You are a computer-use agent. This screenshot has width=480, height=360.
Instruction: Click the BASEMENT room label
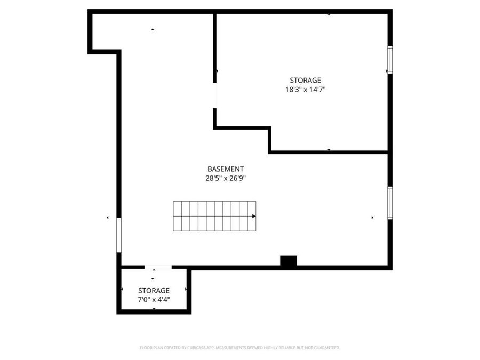[x=226, y=169]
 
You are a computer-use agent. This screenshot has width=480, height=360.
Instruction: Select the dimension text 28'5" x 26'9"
[x=226, y=179]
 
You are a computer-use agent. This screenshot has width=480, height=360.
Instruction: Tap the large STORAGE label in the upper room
[x=305, y=80]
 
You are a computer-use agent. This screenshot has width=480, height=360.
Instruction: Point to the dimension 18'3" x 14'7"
[x=305, y=90]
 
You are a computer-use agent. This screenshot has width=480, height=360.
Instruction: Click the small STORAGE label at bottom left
[x=154, y=290]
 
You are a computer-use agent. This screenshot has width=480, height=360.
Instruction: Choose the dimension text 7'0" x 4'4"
[x=154, y=300]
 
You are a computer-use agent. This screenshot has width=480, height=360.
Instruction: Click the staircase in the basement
[x=213, y=216]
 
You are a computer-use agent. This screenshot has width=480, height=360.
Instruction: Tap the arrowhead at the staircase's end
[x=254, y=216]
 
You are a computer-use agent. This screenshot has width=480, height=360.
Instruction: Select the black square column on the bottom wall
[x=289, y=261]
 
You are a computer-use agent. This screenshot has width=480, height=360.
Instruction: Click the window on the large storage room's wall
[x=390, y=60]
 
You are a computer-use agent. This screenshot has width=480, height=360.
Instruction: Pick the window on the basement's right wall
[x=390, y=203]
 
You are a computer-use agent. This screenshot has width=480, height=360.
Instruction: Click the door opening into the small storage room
[x=158, y=267]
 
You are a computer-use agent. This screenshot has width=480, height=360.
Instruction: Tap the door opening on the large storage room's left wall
[x=215, y=96]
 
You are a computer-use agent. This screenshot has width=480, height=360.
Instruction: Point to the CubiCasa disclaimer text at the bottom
[x=239, y=348]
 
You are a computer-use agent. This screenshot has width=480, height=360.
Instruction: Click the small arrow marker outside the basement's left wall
[x=108, y=218]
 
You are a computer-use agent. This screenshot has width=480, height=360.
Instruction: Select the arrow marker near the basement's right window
[x=372, y=218]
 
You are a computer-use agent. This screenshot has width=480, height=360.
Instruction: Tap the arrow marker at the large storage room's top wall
[x=329, y=15]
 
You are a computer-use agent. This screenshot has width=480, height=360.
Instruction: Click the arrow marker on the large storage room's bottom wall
[x=329, y=150]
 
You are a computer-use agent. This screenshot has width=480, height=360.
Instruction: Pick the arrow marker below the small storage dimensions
[x=154, y=309]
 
